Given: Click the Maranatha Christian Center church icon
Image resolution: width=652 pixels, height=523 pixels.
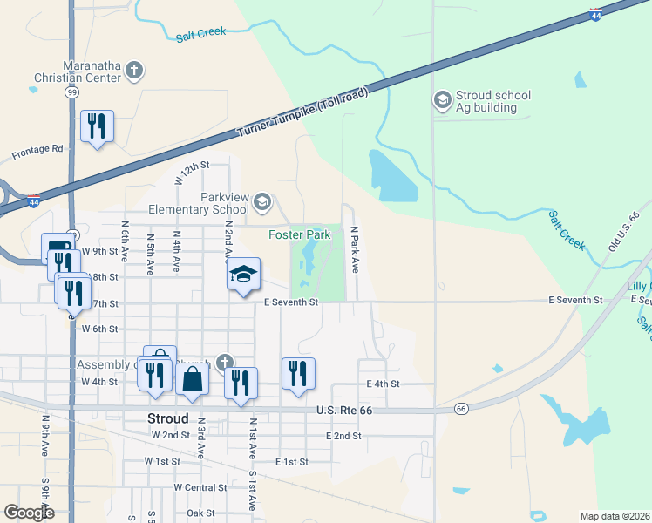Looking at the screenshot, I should [x=133, y=70].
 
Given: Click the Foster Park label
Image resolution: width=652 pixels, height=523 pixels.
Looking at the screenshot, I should [x=299, y=234].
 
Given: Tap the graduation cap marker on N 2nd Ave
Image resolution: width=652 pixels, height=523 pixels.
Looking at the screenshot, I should [x=244, y=275].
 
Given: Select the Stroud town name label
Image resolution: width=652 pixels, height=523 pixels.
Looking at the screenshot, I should [x=169, y=418].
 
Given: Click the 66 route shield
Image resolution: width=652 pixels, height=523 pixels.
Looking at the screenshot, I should [x=461, y=408].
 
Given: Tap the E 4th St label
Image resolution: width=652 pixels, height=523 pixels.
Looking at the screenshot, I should [x=383, y=384].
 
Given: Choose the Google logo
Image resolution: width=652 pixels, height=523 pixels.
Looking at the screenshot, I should [x=29, y=512].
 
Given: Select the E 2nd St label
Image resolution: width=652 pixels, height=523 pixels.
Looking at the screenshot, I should [x=343, y=435].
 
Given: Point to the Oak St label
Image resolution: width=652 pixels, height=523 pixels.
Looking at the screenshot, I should [x=200, y=513].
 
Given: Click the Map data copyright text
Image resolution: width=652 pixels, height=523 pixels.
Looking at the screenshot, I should [x=615, y=516].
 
